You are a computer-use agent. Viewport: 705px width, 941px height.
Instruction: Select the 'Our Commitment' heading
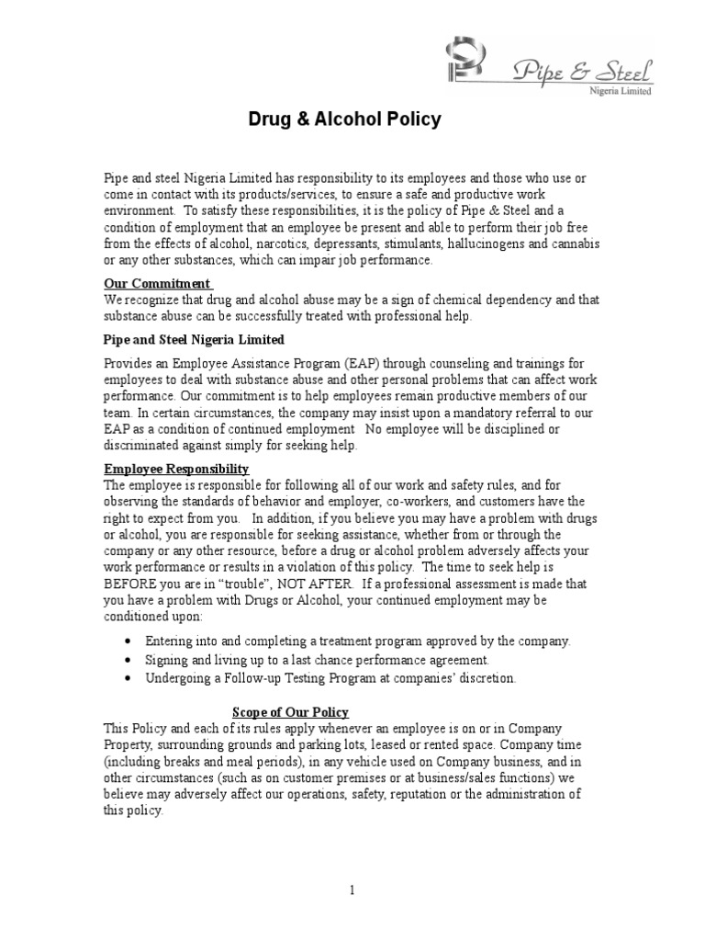(157, 283)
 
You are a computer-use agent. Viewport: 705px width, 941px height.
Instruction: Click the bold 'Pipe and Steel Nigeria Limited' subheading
(194, 339)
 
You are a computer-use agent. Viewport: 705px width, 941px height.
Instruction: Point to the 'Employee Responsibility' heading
(176, 469)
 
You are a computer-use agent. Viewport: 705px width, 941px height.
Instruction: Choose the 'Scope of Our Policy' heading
(290, 712)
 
